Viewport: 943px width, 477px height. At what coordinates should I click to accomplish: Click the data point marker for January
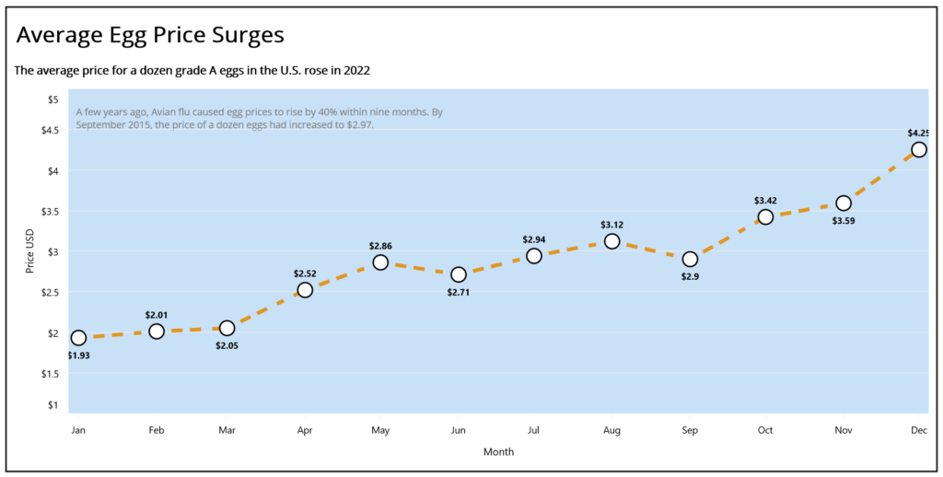click(x=78, y=337)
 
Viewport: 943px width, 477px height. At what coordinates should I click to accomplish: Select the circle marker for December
click(x=918, y=149)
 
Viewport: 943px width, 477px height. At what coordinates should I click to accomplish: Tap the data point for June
click(x=459, y=274)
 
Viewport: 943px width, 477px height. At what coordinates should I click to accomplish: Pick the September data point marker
click(x=690, y=260)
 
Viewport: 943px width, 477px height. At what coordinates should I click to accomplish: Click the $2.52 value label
click(x=305, y=273)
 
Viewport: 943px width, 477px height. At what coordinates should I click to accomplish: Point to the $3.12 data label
click(x=611, y=225)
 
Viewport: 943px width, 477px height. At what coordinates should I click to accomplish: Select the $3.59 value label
click(x=844, y=221)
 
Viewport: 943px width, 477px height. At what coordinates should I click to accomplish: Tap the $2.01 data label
click(x=157, y=315)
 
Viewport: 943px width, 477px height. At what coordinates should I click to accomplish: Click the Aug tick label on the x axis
click(x=611, y=431)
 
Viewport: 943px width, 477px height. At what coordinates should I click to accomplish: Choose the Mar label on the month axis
click(x=227, y=431)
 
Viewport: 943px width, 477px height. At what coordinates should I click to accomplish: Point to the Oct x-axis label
click(x=765, y=431)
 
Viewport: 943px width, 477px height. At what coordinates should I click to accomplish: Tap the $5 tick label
click(x=52, y=99)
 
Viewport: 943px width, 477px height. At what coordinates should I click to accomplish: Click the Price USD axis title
click(x=30, y=250)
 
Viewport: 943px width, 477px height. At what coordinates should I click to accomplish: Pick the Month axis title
click(x=498, y=452)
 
